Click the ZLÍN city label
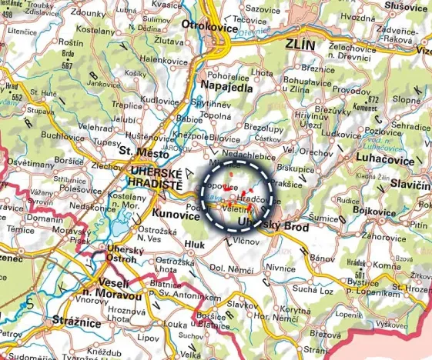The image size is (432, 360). click(299, 45)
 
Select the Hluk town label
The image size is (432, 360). click(195, 245)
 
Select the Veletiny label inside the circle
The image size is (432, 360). click(236, 208)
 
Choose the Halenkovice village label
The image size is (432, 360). click(163, 59)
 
